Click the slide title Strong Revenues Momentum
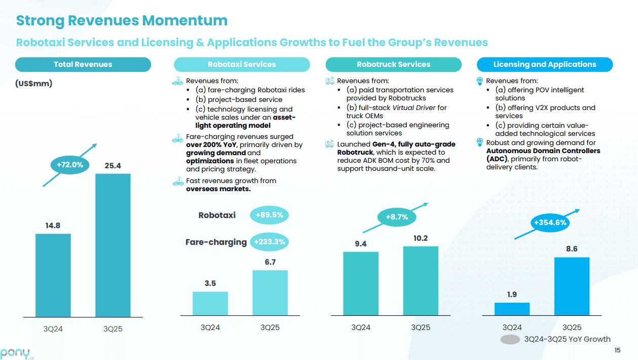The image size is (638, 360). pos(122,21)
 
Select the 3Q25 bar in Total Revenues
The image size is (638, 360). pos(113,245)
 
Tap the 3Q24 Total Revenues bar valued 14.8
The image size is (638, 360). pos(53,275)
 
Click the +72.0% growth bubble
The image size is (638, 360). pos(70,164)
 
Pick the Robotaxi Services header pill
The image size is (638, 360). pos(242,64)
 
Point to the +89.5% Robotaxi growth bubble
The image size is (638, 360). pos(269,215)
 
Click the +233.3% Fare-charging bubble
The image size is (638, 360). pos(269,242)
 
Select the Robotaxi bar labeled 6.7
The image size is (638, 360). pos(270,293)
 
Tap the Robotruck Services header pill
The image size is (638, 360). pos(393,64)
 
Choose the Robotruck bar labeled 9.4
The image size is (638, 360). pos(361,283)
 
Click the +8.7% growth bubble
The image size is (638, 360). pos(397,217)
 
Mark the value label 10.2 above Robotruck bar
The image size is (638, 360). pos(420,238)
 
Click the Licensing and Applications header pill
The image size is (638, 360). pos(545,64)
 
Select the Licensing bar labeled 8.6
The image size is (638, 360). pos(572,286)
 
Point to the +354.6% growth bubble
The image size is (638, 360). pos(550,222)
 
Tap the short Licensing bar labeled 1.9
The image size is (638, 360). pos(512,309)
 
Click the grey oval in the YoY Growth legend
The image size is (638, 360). pos(510,340)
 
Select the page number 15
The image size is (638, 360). pos(617,350)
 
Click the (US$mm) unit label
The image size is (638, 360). pos(33,84)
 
